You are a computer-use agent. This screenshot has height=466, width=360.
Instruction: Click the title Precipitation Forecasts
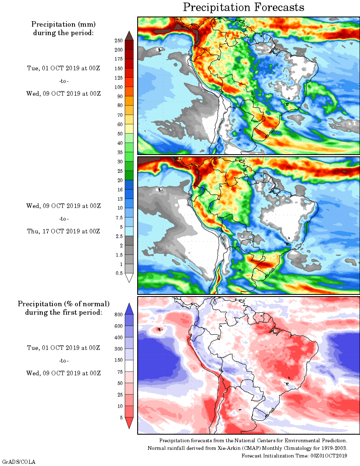[244, 7]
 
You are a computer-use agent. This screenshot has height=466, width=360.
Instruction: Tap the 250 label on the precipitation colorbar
[118, 40]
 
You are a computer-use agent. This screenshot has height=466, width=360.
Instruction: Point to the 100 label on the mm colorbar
[118, 87]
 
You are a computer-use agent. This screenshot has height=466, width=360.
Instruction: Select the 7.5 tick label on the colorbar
[119, 217]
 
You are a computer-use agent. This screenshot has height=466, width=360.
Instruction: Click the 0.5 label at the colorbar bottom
[119, 273]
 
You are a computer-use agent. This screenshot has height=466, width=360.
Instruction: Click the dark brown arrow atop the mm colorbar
[130, 35]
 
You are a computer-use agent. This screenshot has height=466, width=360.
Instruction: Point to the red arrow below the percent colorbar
[130, 423]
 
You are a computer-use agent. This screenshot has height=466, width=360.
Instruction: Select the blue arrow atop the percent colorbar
[130, 308]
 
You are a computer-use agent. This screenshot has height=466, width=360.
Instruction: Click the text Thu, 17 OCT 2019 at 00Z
[64, 231]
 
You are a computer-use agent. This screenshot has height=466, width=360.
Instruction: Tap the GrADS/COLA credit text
[19, 461]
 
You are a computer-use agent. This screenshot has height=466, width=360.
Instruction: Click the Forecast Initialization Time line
[294, 455]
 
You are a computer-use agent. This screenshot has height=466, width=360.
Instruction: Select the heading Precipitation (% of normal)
[64, 304]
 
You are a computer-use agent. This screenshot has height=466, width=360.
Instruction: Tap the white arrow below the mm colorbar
[130, 278]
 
